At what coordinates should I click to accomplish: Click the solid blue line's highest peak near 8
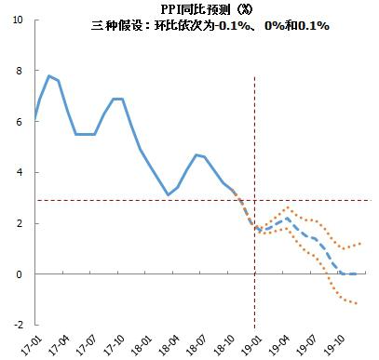(x=48, y=75)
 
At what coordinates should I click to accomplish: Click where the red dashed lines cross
(x=254, y=201)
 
